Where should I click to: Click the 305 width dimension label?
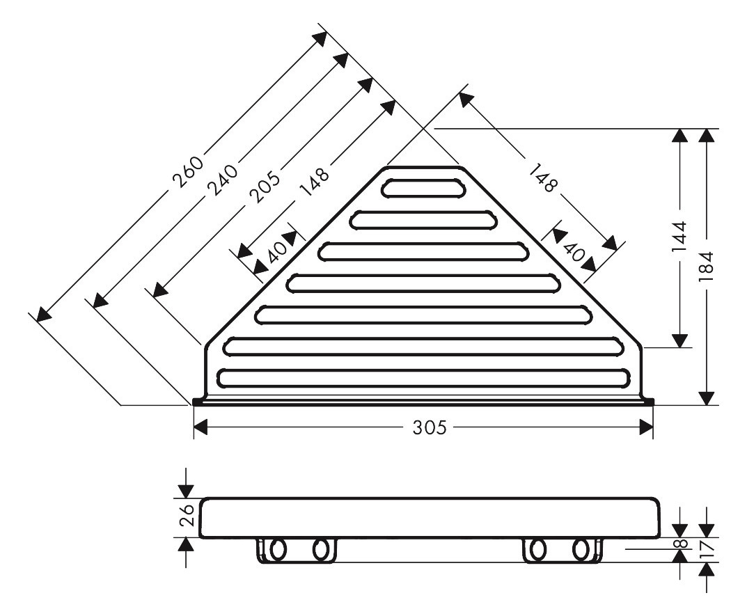click(430, 427)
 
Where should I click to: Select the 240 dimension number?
click(223, 180)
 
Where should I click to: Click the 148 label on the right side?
click(542, 177)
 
